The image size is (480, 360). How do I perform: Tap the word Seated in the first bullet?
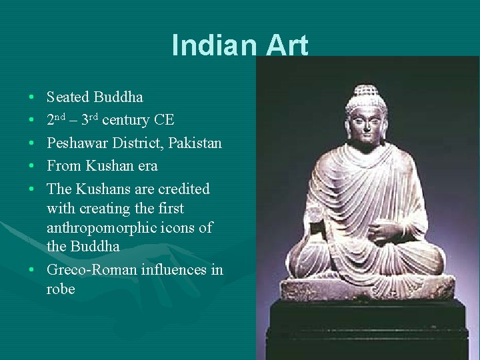68,97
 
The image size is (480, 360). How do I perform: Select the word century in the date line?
125,121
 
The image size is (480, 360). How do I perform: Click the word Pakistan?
195,143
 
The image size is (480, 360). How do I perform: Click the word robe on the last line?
61,289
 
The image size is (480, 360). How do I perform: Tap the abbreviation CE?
163,121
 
